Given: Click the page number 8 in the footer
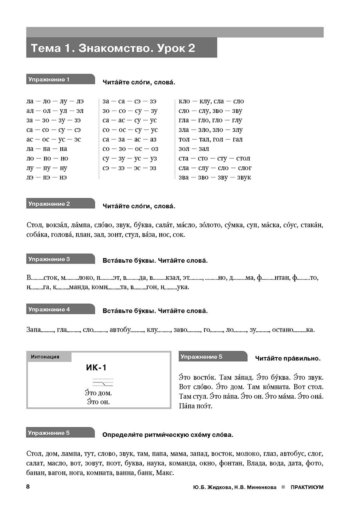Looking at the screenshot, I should coord(27,487).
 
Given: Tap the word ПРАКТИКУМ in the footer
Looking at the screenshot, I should coord(307,487).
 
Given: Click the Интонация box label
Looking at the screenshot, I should coord(45,357).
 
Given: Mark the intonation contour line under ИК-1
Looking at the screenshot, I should coord(102,383).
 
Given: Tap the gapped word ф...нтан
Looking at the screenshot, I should coord(274,277).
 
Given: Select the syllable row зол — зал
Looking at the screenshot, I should coord(194,149).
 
